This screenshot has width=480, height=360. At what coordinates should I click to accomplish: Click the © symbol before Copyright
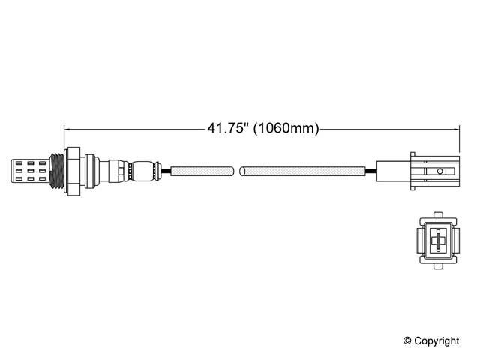pos(407,340)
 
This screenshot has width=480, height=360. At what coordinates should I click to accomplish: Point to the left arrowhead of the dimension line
pos(67,130)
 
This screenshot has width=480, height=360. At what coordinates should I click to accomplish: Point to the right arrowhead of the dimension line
pos(457,130)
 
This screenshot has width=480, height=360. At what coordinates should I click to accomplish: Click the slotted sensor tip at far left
pos(30,171)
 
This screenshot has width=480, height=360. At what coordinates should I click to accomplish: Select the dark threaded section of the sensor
pos(57,171)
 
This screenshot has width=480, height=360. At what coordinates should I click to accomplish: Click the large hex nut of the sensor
pos(73,172)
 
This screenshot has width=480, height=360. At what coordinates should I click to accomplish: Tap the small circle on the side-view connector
pos(440,172)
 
